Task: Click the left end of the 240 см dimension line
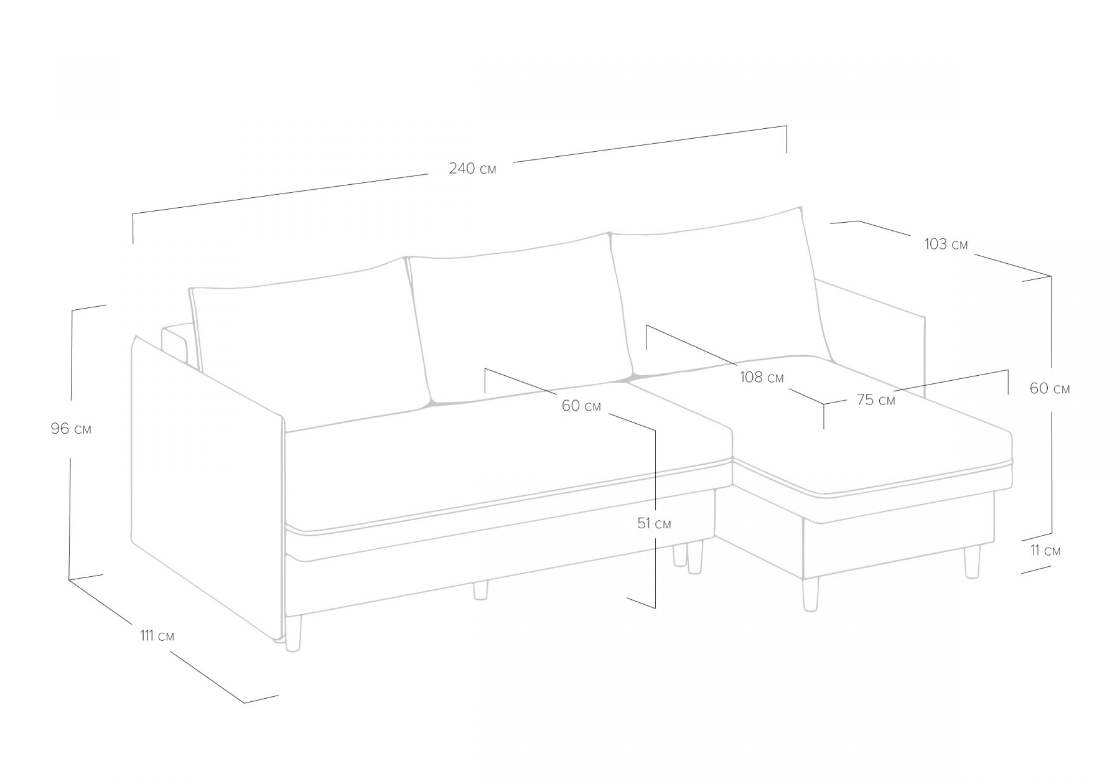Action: pos(133,214)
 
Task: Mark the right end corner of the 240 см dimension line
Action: pos(786,126)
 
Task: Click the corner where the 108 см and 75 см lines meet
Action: pos(824,404)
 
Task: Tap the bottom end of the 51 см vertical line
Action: pos(655,608)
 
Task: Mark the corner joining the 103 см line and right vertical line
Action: pos(1051,276)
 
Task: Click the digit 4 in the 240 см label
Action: pos(463,168)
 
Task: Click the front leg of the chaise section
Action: pos(810,594)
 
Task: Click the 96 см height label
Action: pos(71,429)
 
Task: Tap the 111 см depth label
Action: pos(157,636)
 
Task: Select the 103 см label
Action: pos(946,245)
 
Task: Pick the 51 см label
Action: pos(654,523)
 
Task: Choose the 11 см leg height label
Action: pos(1045,551)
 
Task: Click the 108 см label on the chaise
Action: pos(762,377)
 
